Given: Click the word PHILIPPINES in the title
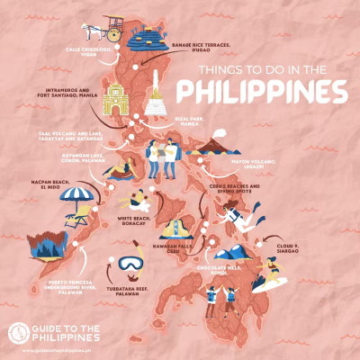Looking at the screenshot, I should tap(262, 92).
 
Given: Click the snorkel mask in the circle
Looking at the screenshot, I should tap(131, 266).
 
